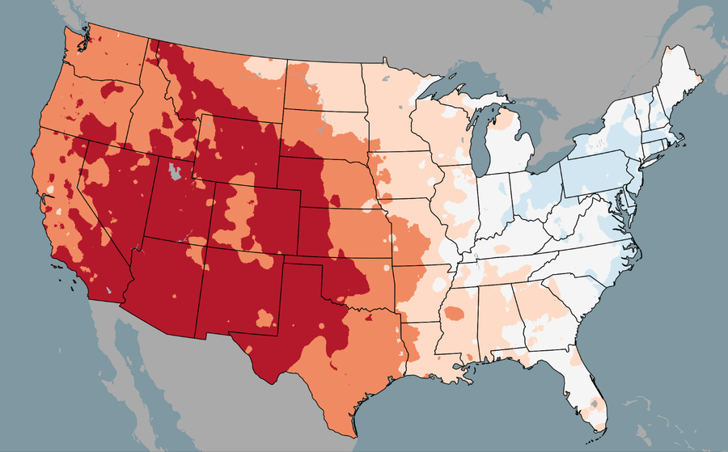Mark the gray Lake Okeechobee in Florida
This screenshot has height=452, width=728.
click(594, 402)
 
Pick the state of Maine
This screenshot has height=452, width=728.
click(679, 81)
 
